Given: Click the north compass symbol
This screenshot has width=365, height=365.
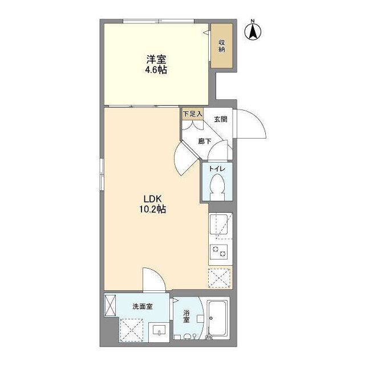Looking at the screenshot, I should (x=252, y=31).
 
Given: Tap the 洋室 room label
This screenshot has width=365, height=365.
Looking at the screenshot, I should (x=153, y=59).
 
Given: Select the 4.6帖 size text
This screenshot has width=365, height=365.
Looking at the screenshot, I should (x=153, y=70).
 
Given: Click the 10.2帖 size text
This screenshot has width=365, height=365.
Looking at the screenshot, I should (x=153, y=210).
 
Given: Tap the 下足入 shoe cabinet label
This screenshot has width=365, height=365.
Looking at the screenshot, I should (x=192, y=113).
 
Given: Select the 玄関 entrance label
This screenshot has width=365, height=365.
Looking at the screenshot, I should (x=221, y=119).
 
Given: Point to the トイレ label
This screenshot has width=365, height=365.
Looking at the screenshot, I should (x=217, y=169).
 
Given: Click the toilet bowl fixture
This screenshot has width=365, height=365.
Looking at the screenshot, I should (x=217, y=186).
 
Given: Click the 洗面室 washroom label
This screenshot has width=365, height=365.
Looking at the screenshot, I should (x=143, y=307).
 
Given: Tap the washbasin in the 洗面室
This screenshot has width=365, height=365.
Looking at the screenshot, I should (x=159, y=330).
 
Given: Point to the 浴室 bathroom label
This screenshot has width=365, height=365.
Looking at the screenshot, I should (x=186, y=317).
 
